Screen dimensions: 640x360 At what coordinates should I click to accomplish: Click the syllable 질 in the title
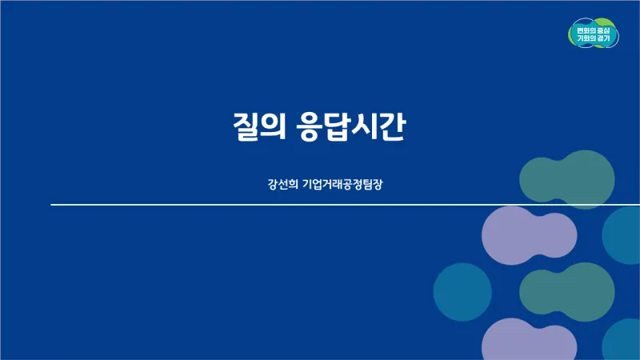pyautogui.click(x=247, y=126)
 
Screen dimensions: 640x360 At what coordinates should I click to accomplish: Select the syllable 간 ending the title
pyautogui.click(x=391, y=126)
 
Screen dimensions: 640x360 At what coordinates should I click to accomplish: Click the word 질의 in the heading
pyautogui.click(x=259, y=126)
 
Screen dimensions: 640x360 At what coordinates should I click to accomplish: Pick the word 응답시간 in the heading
pyautogui.click(x=351, y=126)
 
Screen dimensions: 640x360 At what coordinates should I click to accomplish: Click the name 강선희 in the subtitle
pyautogui.click(x=283, y=184)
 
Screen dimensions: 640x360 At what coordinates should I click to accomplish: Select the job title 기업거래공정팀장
pyautogui.click(x=342, y=184)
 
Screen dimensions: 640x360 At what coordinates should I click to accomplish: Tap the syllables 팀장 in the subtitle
pyautogui.click(x=373, y=184)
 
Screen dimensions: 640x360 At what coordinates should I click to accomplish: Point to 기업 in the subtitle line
pyautogui.click(x=312, y=184)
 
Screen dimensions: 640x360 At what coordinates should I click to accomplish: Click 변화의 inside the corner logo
pyautogui.click(x=584, y=30)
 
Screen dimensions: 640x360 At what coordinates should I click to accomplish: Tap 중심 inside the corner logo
pyautogui.click(x=603, y=30)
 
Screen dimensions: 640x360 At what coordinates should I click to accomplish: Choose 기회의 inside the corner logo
pyautogui.click(x=584, y=38)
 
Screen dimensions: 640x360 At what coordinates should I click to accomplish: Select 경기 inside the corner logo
pyautogui.click(x=603, y=38)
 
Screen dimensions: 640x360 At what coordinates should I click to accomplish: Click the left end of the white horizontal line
pyautogui.click(x=51, y=205)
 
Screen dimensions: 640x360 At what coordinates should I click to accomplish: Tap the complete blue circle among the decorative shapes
pyautogui.click(x=462, y=292)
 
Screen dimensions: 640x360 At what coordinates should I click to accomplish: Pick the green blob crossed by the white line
pyautogui.click(x=567, y=179)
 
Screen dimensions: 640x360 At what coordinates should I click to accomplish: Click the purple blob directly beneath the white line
pyautogui.click(x=529, y=235)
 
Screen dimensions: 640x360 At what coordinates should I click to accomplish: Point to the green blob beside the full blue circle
pyautogui.click(x=567, y=292)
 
